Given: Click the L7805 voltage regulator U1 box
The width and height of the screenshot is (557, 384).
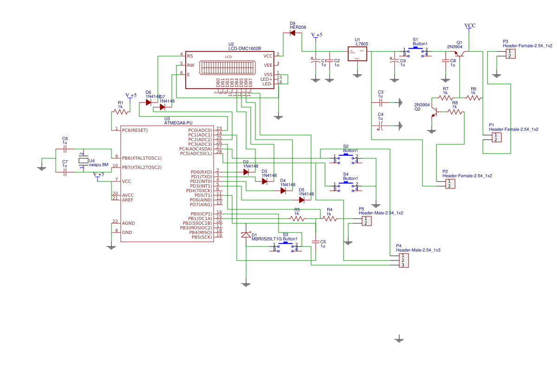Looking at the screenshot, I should coord(357,54).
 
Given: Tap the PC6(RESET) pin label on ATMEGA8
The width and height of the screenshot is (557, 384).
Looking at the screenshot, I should coord(135,130).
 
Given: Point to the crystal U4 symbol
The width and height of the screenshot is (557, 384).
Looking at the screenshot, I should coord(83,161).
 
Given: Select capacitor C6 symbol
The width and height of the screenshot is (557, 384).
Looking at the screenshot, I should coord(65,149).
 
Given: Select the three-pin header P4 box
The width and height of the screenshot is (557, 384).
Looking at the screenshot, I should coord(404,260).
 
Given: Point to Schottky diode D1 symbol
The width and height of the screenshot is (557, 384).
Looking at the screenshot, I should coord(246,235).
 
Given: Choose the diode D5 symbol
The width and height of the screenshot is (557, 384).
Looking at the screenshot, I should coord(302,200).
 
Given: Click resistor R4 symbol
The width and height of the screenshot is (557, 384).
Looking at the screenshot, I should coord(330,219).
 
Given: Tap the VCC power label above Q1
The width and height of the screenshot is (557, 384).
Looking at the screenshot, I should coord(470,26).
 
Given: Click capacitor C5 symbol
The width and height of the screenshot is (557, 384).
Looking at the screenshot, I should coord(316,242).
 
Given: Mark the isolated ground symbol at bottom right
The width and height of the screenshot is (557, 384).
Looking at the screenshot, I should coord(399,339).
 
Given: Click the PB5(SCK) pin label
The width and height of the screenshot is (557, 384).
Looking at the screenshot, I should coord(201,237).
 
